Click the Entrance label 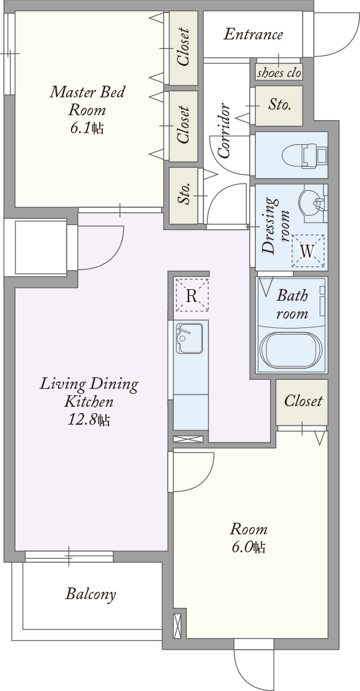pos(253,35)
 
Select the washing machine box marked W pos(308,251)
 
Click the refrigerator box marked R pos(191,295)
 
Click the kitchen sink pos(189,338)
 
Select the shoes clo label pos(279,72)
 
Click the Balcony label pos(91,594)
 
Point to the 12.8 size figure pos(88,420)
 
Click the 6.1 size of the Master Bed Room pos(87,128)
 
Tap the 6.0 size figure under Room pos(248,547)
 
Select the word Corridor pos(224,131)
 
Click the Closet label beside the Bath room pos(303,401)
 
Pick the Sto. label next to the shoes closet pos(280,105)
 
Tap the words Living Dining pos(89,384)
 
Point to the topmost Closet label pos(183,47)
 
